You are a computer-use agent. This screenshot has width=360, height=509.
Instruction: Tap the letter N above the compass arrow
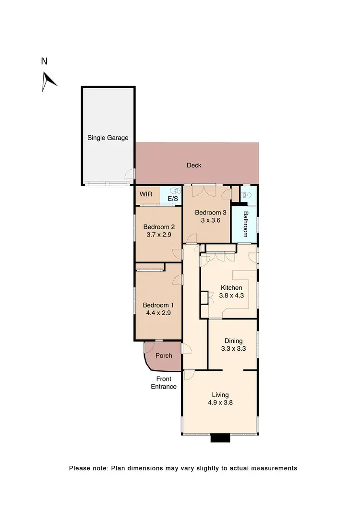[44, 61]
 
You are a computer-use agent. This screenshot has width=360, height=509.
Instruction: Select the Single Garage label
[108, 138]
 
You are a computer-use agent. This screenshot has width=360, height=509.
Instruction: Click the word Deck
[194, 166]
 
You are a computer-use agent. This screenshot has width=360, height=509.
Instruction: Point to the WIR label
[146, 194]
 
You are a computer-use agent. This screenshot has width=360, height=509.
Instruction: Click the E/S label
[172, 199]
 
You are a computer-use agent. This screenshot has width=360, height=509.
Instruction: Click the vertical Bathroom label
[245, 224]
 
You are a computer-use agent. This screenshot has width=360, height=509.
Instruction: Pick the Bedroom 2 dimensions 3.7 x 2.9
[158, 235]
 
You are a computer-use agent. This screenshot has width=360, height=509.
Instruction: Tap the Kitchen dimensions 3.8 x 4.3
[231, 296]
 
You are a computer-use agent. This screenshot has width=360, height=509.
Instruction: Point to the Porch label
[163, 355]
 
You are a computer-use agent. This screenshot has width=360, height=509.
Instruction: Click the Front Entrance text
[164, 383]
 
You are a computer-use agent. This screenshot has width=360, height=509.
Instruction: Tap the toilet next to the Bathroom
[246, 195]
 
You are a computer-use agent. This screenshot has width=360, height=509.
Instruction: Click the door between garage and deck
[130, 175]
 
